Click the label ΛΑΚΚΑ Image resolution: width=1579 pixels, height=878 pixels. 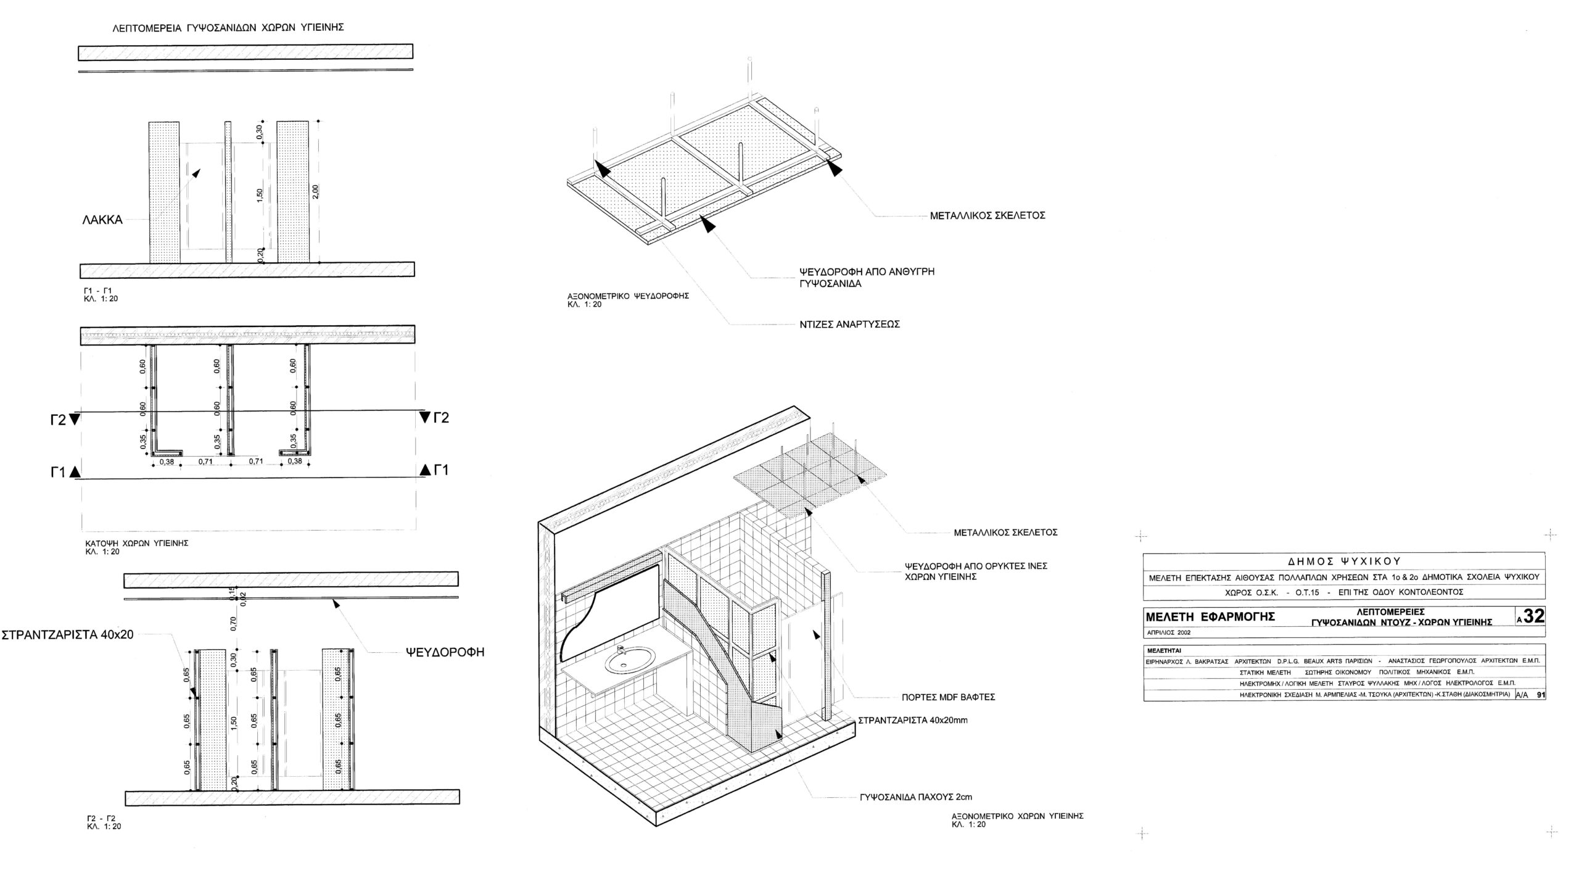click(102, 220)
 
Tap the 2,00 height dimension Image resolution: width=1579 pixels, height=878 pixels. click(316, 191)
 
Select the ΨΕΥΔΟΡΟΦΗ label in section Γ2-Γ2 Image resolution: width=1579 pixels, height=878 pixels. click(445, 652)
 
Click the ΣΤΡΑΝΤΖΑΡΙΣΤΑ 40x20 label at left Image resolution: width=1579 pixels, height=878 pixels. click(68, 634)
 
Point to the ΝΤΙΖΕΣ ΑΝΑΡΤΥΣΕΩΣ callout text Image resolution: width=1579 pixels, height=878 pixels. click(849, 324)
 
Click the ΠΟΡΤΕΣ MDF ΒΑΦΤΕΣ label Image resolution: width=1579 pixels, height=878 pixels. click(948, 697)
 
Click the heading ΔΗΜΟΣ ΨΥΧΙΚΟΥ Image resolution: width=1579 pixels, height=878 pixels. click(1344, 561)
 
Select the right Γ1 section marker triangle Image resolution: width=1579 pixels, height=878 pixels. click(426, 470)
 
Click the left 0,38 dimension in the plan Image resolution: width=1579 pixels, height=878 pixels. click(167, 462)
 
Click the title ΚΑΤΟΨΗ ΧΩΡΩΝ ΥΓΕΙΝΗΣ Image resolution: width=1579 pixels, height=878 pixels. click(136, 543)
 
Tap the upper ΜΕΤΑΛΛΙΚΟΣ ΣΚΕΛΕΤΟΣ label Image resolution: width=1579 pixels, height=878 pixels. click(987, 216)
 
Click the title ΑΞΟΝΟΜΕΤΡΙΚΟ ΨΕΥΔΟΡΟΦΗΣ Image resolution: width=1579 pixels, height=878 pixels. click(627, 296)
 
